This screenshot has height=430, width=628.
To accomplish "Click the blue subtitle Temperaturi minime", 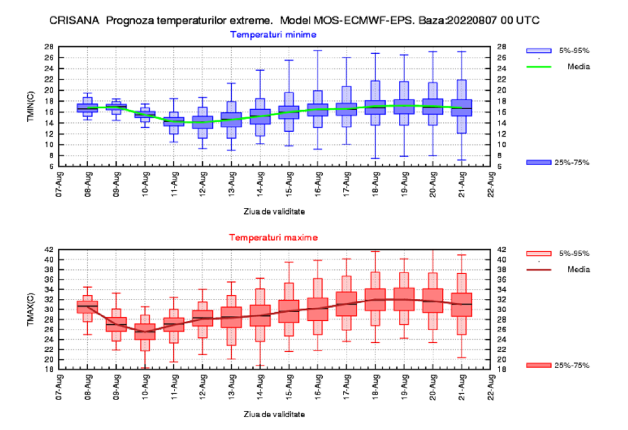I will (273, 35).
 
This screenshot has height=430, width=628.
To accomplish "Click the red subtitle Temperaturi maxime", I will (273, 237).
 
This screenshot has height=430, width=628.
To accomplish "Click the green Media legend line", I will (539, 66).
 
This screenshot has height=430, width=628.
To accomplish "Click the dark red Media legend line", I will (539, 269).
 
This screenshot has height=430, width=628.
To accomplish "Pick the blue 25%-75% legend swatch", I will (539, 163).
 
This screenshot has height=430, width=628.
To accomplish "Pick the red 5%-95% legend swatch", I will (539, 253).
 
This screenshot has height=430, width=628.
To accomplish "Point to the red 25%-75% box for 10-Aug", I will (145, 332).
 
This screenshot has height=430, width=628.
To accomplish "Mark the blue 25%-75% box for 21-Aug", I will (462, 108).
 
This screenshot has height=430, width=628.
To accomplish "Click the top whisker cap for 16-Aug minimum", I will (318, 51).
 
